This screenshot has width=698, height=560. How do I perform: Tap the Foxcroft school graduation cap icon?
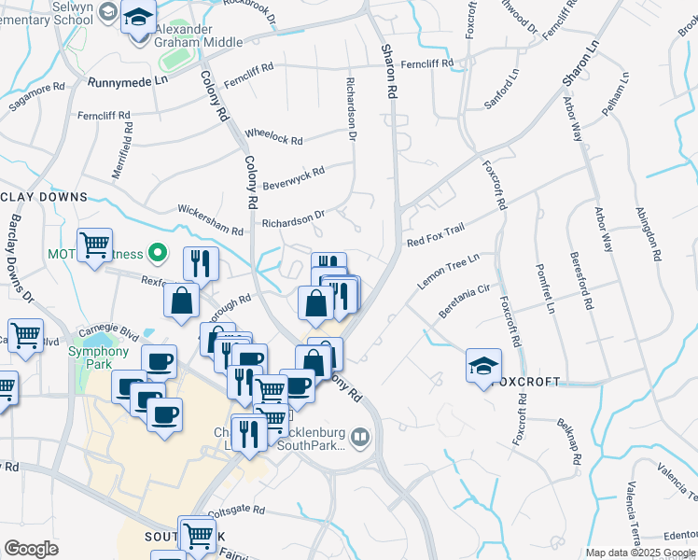coord(483,366)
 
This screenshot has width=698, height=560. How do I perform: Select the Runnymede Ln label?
coord(128,82)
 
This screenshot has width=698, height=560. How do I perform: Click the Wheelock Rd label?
coord(273,136)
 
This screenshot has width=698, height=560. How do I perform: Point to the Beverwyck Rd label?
coord(293,177)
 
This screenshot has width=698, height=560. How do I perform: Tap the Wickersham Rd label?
coord(210,221)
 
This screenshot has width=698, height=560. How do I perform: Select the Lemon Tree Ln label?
coord(448,271)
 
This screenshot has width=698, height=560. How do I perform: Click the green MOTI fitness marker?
coord(158,253)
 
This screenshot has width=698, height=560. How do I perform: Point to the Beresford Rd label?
coord(580,280)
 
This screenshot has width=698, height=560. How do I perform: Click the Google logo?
coord(31,549)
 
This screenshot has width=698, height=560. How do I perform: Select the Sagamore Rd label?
coord(36,92)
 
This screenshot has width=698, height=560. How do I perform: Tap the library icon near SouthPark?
coord(360,437)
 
